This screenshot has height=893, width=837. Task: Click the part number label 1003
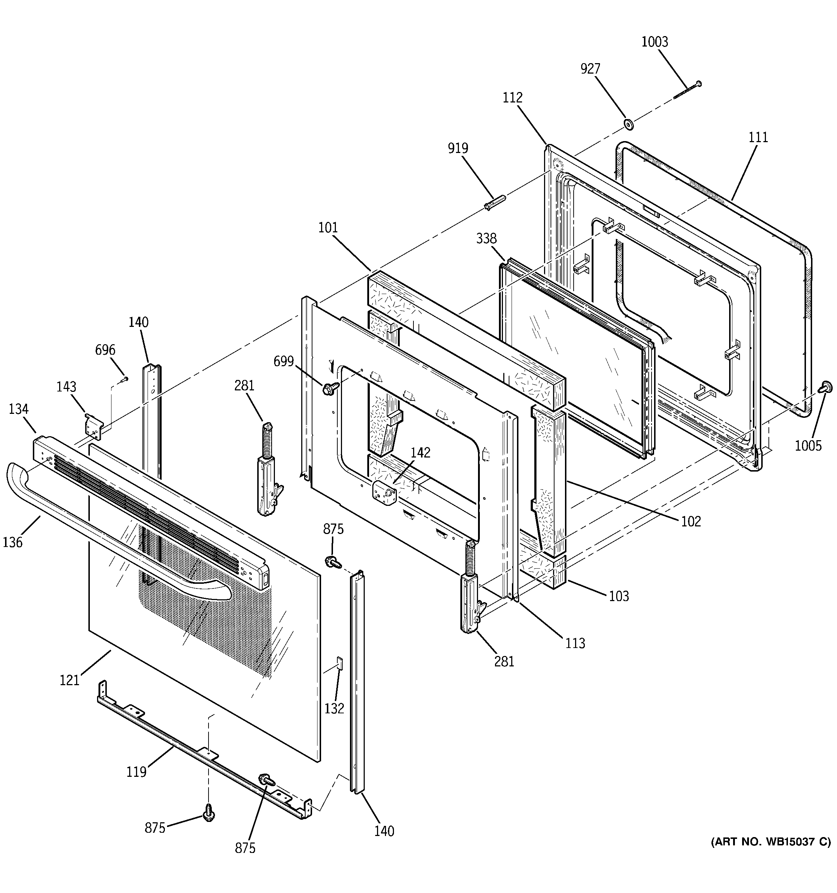[x=654, y=42]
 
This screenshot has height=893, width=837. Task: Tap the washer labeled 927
[x=628, y=124]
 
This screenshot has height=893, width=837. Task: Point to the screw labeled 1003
[x=687, y=90]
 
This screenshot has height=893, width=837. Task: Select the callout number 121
[x=70, y=680]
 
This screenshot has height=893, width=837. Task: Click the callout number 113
[x=575, y=644]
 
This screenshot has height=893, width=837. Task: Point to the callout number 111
[x=758, y=137]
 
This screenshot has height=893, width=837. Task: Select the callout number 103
[x=619, y=596]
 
